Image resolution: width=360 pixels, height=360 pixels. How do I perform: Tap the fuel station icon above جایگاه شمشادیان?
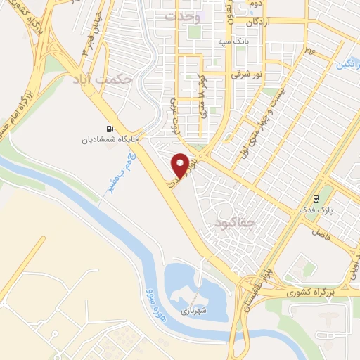coord(108,129)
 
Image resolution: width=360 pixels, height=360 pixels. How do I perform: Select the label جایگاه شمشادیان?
coord(108,139)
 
